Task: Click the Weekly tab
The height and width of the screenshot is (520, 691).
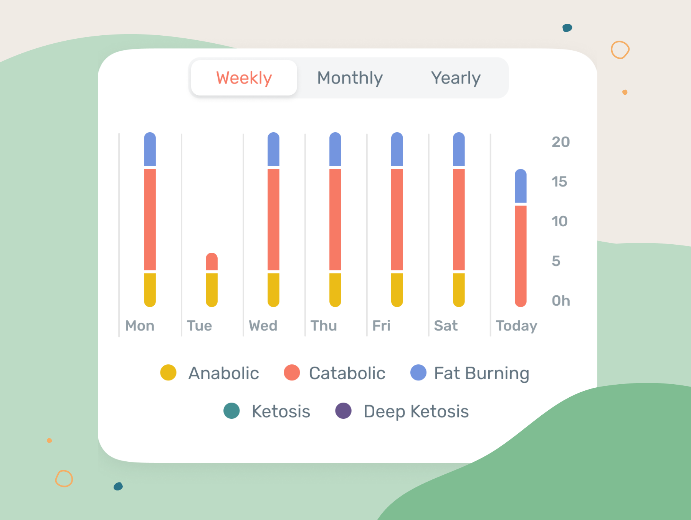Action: coord(244,78)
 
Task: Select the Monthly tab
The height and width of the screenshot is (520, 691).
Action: coord(350,78)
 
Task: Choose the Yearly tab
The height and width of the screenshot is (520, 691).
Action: coord(456,78)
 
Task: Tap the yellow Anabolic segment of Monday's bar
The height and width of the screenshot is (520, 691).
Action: coord(150,289)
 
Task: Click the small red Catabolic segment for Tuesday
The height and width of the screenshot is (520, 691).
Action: coord(212,262)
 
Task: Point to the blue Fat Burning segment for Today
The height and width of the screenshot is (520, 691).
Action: coord(521,186)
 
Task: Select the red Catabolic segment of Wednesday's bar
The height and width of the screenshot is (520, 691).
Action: coord(273,219)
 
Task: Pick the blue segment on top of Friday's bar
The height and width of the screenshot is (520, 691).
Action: coord(397,150)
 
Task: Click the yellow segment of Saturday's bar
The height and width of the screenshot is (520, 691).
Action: coord(459,289)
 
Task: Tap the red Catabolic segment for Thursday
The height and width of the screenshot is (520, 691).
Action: coord(335,219)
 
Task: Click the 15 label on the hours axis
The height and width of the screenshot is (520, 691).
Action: coord(559,182)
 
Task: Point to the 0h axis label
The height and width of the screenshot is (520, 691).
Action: coord(560,301)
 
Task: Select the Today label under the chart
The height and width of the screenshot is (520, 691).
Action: coord(516,326)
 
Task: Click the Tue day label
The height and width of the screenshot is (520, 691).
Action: coord(199,326)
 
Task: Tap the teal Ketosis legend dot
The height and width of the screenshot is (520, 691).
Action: coord(231,411)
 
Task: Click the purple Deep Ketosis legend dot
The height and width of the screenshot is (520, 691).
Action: coord(343,411)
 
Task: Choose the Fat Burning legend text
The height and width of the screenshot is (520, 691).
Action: coord(481,373)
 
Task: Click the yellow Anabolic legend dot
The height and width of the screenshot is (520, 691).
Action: coord(168,372)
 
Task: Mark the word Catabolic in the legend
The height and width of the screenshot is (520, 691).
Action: coord(347,373)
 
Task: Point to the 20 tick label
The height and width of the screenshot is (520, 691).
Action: coord(560,142)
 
